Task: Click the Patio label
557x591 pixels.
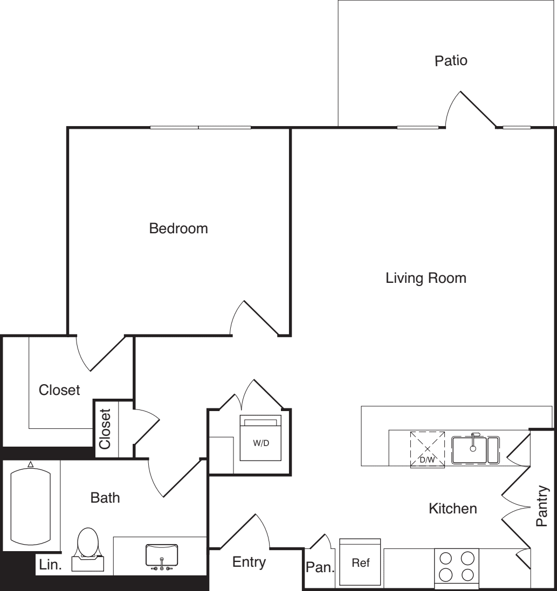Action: click(451, 61)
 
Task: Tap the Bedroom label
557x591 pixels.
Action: click(178, 228)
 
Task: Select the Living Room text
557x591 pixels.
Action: click(426, 278)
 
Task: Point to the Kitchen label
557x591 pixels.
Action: click(452, 509)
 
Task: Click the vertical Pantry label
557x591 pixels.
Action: click(542, 506)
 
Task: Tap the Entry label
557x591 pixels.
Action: click(249, 562)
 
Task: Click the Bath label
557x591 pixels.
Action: click(105, 498)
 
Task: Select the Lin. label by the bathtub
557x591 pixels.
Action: click(50, 565)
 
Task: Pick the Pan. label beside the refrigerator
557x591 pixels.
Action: click(320, 567)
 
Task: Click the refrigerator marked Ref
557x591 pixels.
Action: click(360, 561)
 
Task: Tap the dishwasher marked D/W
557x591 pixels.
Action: click(427, 450)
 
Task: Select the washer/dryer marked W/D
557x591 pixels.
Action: click(260, 437)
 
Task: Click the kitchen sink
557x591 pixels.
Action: click(476, 450)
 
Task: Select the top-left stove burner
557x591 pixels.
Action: click(446, 558)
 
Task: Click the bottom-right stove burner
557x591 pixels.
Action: click(467, 575)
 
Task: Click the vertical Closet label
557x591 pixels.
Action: click(105, 429)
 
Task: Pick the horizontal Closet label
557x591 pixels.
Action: click(59, 390)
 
